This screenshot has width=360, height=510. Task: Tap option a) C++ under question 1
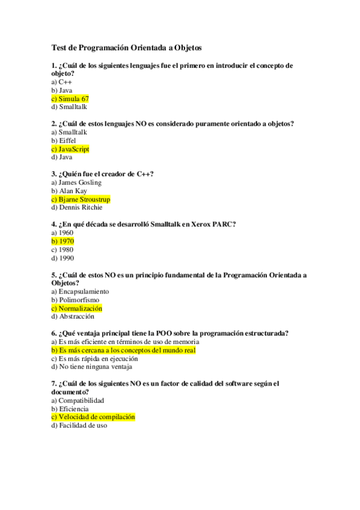pyautogui.click(x=62, y=82)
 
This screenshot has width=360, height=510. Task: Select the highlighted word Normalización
pyautogui.click(x=81, y=308)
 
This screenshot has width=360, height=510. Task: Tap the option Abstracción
pyautogui.click(x=76, y=316)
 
